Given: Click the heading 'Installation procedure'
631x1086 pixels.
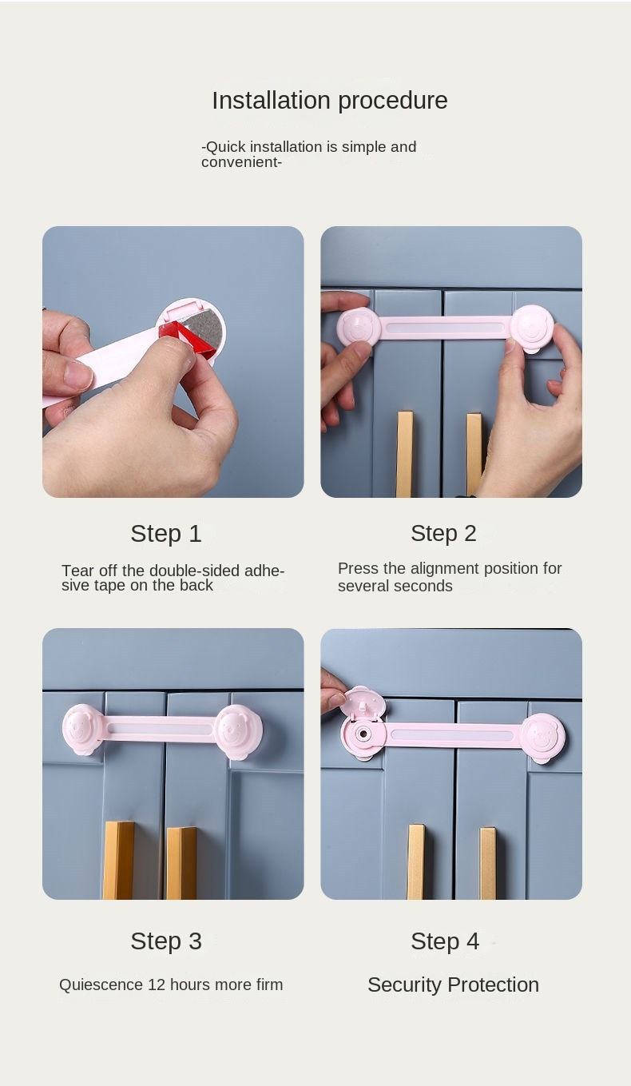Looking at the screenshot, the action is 330,101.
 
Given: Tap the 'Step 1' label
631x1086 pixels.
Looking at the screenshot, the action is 166,534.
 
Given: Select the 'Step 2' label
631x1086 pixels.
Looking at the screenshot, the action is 443,534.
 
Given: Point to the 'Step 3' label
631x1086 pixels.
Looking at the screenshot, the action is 166,941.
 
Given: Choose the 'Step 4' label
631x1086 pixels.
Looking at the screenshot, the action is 445,941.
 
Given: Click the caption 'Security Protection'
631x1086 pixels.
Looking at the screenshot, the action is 453,985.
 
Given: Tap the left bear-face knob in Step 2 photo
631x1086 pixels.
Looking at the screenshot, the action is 355,326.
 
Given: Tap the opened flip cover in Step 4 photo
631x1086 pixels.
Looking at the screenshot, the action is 363,702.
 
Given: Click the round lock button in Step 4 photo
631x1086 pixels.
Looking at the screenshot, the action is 361,733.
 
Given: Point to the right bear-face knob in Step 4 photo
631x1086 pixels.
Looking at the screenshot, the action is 544,737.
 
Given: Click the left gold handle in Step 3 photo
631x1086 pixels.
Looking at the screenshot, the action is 118,860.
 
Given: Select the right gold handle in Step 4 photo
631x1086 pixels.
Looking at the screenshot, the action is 487,864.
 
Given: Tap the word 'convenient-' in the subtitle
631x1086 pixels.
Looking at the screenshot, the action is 241,162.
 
